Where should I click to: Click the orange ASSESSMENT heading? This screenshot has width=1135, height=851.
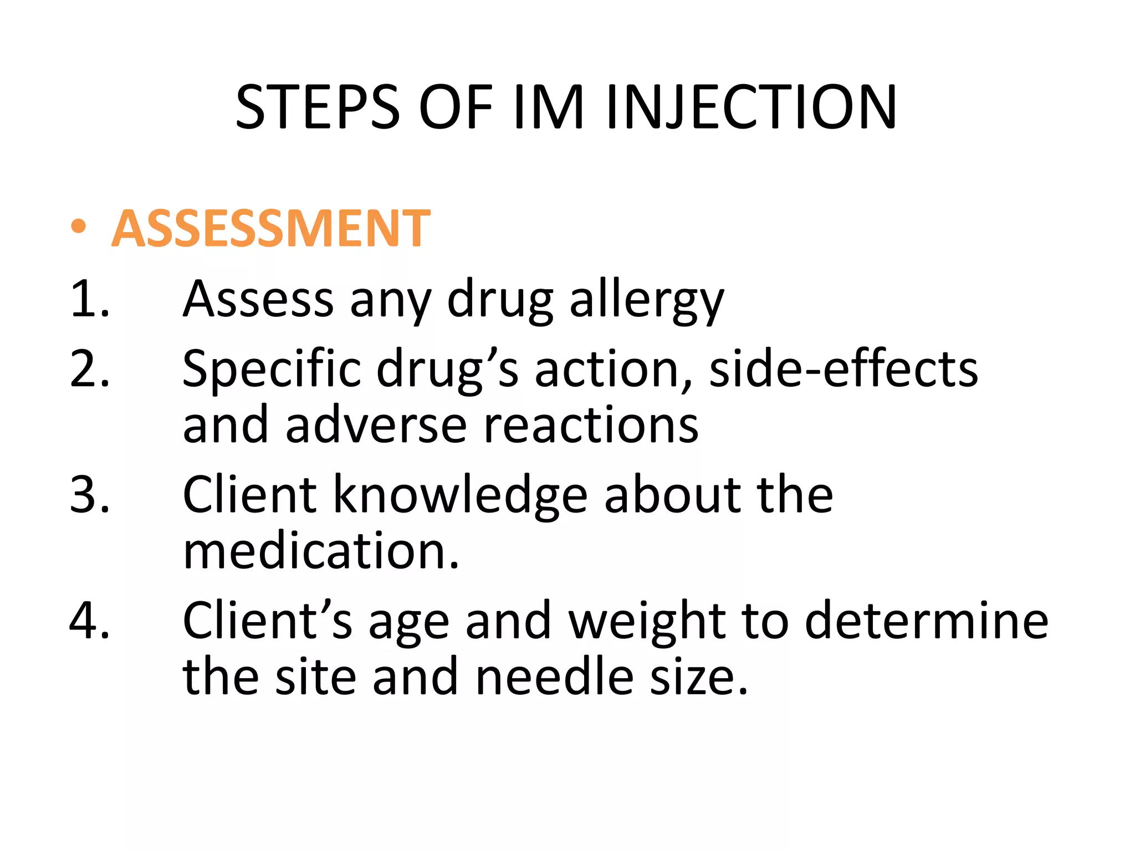270,228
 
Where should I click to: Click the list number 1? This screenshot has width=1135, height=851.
89,299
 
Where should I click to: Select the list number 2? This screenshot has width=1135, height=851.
89,368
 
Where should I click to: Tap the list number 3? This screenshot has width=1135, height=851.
89,494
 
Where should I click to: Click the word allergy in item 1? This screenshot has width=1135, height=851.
646,302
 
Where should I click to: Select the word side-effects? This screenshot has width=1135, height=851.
843,368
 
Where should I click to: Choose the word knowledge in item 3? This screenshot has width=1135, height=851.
460,495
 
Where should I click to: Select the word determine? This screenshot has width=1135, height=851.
926,621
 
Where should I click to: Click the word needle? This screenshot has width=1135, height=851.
554,677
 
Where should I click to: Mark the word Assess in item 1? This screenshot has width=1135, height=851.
258,299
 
